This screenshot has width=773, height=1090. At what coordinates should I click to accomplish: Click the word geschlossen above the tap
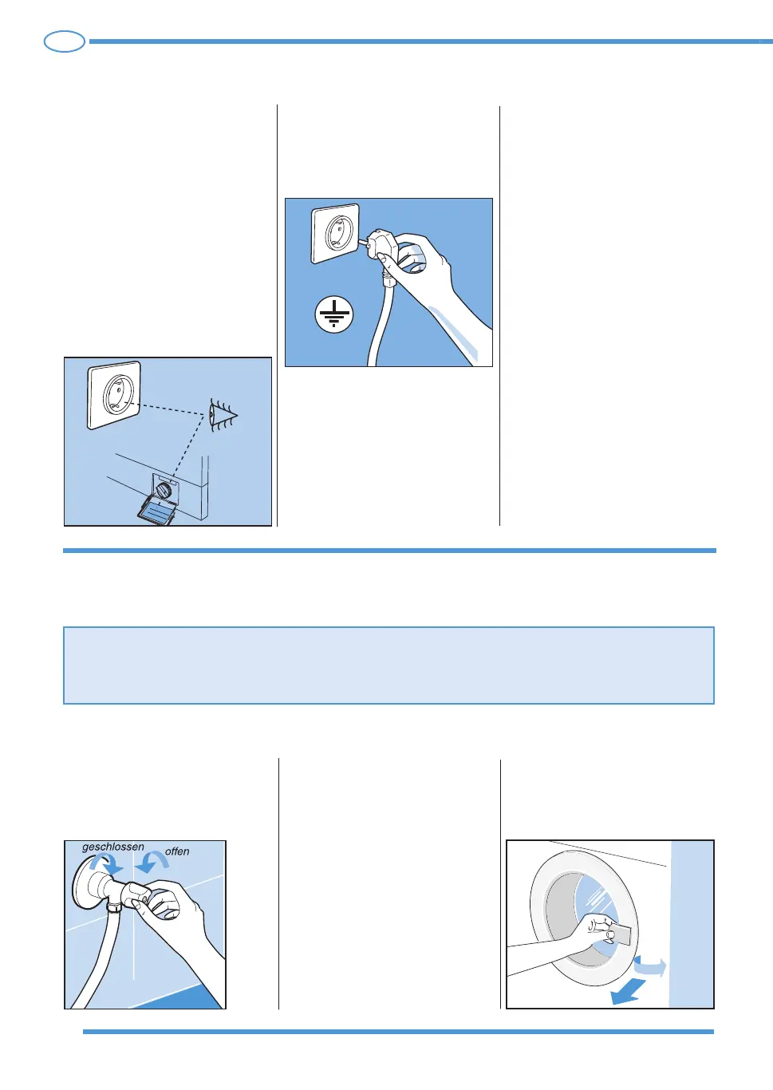tap(112, 847)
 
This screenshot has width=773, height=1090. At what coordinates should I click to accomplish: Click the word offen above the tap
tap(177, 851)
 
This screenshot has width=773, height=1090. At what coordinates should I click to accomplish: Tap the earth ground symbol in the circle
tap(333, 314)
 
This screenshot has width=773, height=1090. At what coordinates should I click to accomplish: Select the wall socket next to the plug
tap(335, 234)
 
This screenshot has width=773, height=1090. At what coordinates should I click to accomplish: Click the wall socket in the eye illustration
tap(114, 395)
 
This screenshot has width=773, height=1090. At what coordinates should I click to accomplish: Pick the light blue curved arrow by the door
tap(650, 966)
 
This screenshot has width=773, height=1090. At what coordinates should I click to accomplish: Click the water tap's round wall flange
tap(85, 883)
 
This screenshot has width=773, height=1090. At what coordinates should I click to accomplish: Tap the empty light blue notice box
tap(388, 665)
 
